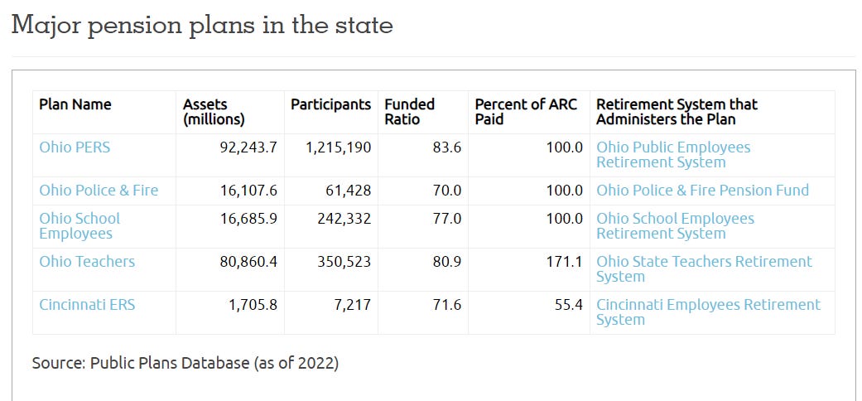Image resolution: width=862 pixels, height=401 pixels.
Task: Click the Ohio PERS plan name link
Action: (x=75, y=147)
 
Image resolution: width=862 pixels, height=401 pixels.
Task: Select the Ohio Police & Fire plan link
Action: (x=99, y=191)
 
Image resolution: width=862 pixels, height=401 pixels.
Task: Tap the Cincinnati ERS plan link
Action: (x=87, y=305)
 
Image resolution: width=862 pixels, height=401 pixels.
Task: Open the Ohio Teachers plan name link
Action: (x=87, y=262)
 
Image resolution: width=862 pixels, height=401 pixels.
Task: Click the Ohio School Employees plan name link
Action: (x=79, y=226)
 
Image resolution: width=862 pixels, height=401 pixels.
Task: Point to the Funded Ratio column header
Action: (x=409, y=112)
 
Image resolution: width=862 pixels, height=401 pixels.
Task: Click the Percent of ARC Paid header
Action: (x=526, y=112)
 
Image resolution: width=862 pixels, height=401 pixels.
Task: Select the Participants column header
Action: (x=330, y=104)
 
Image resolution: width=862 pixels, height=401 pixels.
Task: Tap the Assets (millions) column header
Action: (x=214, y=112)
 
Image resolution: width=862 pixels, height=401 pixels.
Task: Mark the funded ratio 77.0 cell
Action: (x=446, y=219)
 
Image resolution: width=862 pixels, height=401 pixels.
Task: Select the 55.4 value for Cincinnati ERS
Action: (x=569, y=305)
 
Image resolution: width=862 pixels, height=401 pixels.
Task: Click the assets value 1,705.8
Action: (x=253, y=305)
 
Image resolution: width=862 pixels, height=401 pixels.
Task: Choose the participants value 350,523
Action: (x=340, y=262)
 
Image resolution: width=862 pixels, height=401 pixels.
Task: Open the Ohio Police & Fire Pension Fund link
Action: (x=702, y=191)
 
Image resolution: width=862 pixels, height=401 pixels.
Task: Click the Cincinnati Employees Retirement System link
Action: (x=708, y=312)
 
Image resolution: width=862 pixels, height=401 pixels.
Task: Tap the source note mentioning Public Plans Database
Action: (x=185, y=363)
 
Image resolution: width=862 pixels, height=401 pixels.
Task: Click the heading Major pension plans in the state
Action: (x=202, y=25)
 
